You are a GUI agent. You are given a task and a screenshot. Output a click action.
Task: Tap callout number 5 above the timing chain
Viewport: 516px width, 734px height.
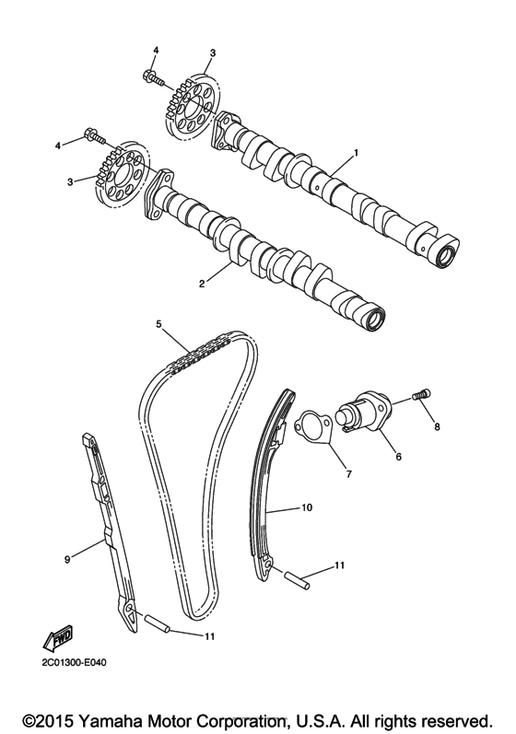click(158, 324)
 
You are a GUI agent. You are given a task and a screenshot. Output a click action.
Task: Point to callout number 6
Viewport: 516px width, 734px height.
click(399, 455)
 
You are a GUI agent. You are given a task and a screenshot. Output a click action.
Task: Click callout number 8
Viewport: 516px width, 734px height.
click(437, 426)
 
